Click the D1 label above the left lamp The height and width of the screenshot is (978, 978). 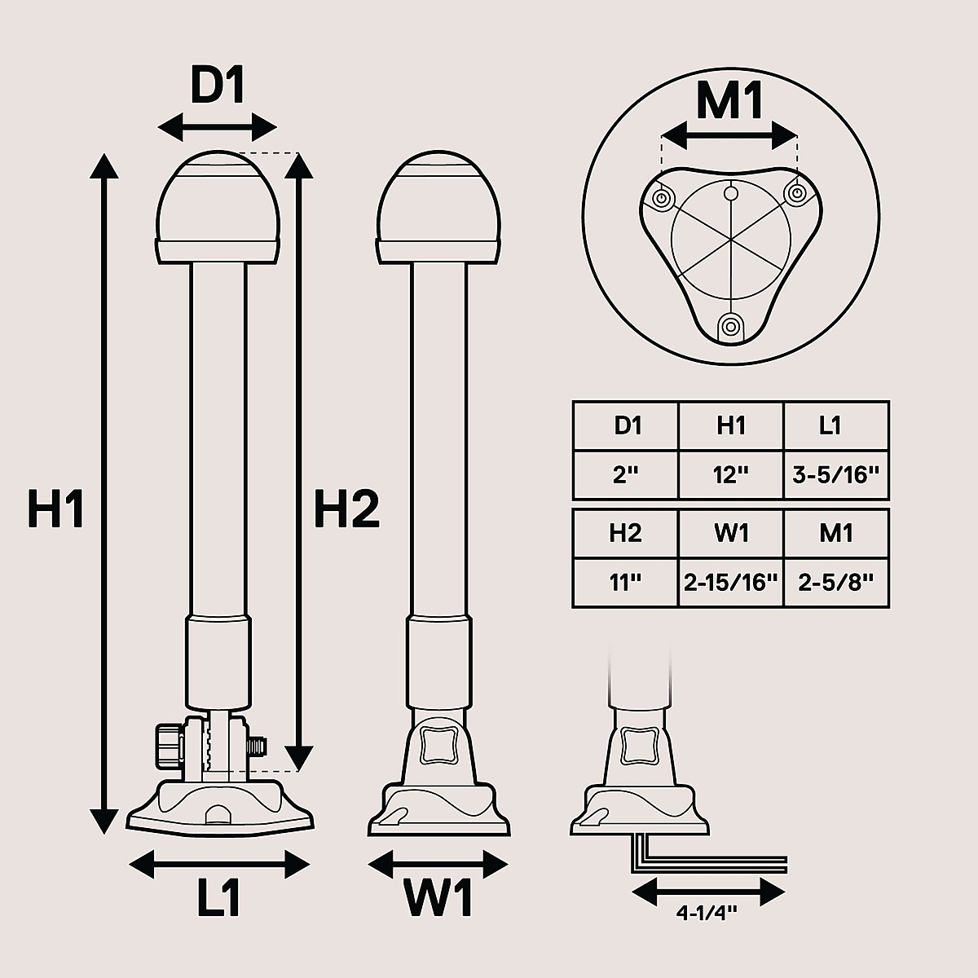click(218, 86)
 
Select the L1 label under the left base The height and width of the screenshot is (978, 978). click(219, 897)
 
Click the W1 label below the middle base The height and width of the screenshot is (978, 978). click(438, 898)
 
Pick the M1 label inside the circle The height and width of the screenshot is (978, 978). click(729, 103)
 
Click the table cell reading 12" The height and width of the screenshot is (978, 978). click(731, 474)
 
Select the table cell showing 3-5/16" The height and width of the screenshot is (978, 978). click(836, 474)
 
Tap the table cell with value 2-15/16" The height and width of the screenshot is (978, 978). click(731, 583)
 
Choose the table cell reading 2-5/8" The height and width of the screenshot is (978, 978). click(836, 583)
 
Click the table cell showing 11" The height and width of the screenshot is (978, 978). click(626, 583)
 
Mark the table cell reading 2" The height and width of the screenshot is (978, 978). click(626, 474)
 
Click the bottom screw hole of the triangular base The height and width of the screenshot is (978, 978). click(730, 327)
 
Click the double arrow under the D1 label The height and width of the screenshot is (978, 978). click(218, 127)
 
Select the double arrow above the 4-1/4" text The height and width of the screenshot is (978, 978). click(708, 892)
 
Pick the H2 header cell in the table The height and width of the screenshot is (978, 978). click(626, 533)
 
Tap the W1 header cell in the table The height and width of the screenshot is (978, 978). click(731, 533)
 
